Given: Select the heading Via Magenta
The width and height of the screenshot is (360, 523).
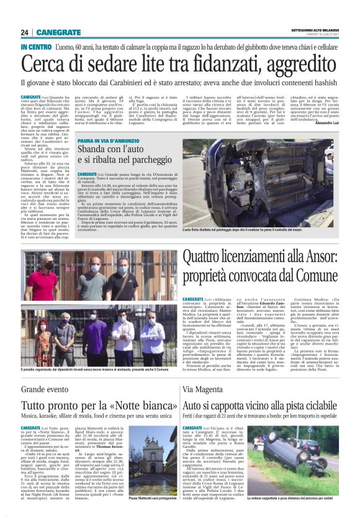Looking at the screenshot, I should pyautogui.click(x=202, y=389).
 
